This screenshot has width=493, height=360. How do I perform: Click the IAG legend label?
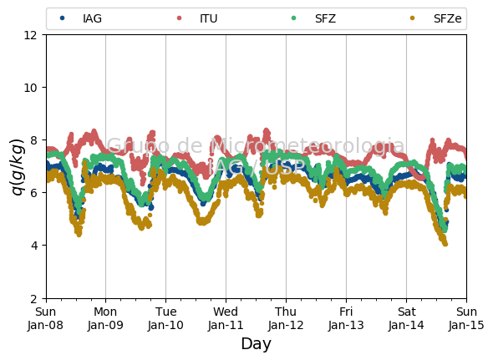pos(92,18)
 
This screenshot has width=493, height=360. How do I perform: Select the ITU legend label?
pos(208,18)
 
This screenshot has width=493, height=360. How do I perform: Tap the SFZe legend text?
pos(447,18)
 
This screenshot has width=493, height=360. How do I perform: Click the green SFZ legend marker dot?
pos(293,18)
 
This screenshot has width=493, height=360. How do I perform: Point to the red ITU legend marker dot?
pos(179,18)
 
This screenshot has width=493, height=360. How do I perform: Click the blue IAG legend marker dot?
pos(63,18)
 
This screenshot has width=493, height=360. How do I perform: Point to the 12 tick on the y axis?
pos(30,35)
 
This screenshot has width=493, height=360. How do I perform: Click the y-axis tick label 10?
pos(30,88)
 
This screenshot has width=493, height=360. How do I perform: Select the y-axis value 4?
pos(34,246)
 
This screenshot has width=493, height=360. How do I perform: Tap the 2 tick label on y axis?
pos(34,299)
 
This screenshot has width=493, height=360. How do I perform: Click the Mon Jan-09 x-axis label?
pos(105,318)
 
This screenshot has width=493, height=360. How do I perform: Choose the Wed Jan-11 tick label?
pos(226,318)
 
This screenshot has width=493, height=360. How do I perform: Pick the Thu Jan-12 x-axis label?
pos(286,318)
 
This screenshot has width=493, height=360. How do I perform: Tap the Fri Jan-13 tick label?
pos(346,318)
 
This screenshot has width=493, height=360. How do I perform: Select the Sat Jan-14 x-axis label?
pos(407,318)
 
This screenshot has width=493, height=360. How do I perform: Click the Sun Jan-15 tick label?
pos(466,318)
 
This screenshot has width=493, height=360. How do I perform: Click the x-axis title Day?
pos(257,343)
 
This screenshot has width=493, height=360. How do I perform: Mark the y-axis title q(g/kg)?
pos(18,167)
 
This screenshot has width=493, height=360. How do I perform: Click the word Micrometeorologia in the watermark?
pos(307,145)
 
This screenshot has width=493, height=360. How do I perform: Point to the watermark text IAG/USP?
pos(257,166)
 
